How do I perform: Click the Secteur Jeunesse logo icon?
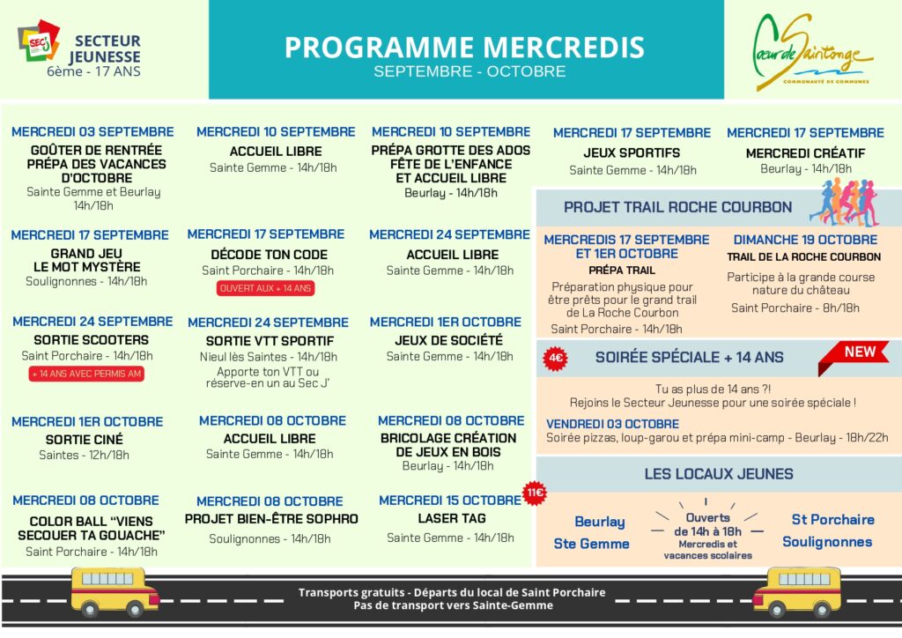38,42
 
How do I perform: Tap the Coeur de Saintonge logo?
811,52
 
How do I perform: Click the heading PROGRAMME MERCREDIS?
464,47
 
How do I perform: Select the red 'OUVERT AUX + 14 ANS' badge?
265,288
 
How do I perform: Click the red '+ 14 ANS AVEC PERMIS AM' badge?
86,374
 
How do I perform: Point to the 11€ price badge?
535,493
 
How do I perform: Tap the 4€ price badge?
556,358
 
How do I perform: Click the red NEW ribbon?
858,352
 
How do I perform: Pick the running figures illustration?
844,203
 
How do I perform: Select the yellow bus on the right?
797,591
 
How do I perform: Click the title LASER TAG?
451,518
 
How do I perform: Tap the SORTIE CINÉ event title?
85,439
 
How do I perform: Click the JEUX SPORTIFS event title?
632,152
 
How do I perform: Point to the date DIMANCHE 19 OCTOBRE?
805,240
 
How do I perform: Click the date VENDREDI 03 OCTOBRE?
612,423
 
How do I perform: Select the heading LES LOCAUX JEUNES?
718,473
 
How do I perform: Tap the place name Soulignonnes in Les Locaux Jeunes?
827,542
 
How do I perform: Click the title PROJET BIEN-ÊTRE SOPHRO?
271,519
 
